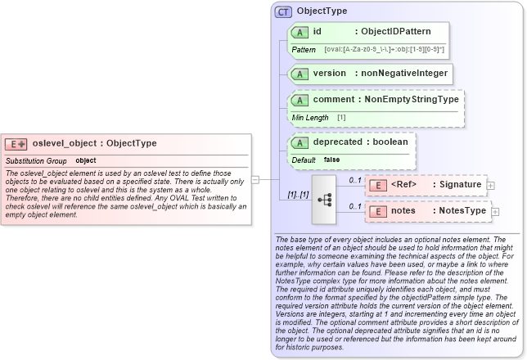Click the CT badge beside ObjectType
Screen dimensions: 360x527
tap(283, 11)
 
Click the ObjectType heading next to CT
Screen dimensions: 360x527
tap(322, 11)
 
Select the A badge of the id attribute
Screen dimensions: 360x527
tap(300, 32)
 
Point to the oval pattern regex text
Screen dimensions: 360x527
tap(385, 50)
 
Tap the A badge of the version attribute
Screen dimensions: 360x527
tap(300, 74)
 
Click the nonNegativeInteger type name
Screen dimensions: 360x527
tap(401, 74)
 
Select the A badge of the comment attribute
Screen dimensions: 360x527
tap(300, 100)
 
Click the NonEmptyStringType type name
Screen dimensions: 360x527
tap(412, 100)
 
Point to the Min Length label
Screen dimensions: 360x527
tap(310, 118)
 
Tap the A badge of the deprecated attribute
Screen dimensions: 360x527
tap(300, 142)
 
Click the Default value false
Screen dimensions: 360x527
tap(331, 160)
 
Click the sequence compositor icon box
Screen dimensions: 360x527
tap(325, 198)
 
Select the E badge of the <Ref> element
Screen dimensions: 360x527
tap(378, 185)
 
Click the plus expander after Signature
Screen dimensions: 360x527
tap(490, 186)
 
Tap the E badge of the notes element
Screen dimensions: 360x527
tap(378, 211)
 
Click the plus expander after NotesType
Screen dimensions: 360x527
tap(495, 212)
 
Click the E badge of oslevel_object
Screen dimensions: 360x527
tap(16, 144)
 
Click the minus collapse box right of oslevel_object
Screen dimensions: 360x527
tap(254, 179)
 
